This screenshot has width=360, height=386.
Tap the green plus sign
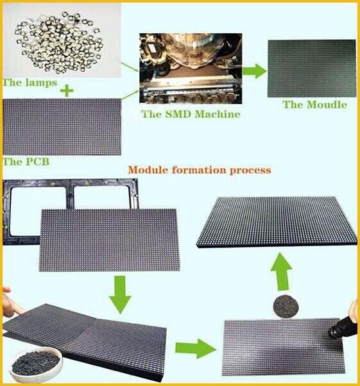pos(67,91)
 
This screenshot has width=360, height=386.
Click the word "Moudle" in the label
pos(327,105)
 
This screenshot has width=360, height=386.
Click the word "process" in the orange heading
pos(250,171)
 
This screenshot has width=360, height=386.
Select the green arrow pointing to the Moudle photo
pos(255,71)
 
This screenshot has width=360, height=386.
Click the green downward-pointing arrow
pos(121,294)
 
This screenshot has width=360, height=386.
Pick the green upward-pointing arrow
pos(282,271)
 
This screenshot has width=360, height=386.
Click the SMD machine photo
pos(191,68)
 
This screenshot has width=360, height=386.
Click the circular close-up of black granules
pos(286,307)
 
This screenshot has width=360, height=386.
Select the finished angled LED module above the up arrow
pos(277,222)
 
